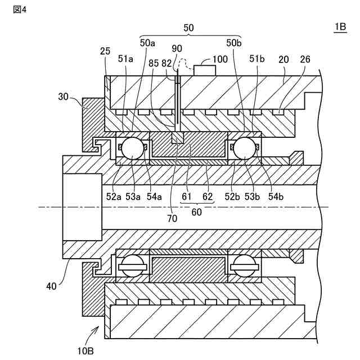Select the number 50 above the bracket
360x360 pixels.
point(188,27)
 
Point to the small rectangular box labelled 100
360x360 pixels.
point(205,70)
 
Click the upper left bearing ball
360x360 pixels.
point(133,148)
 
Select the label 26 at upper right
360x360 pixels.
point(304,58)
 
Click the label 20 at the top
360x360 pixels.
point(282,58)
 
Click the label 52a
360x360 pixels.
point(115,196)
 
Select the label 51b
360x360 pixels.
point(256,58)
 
